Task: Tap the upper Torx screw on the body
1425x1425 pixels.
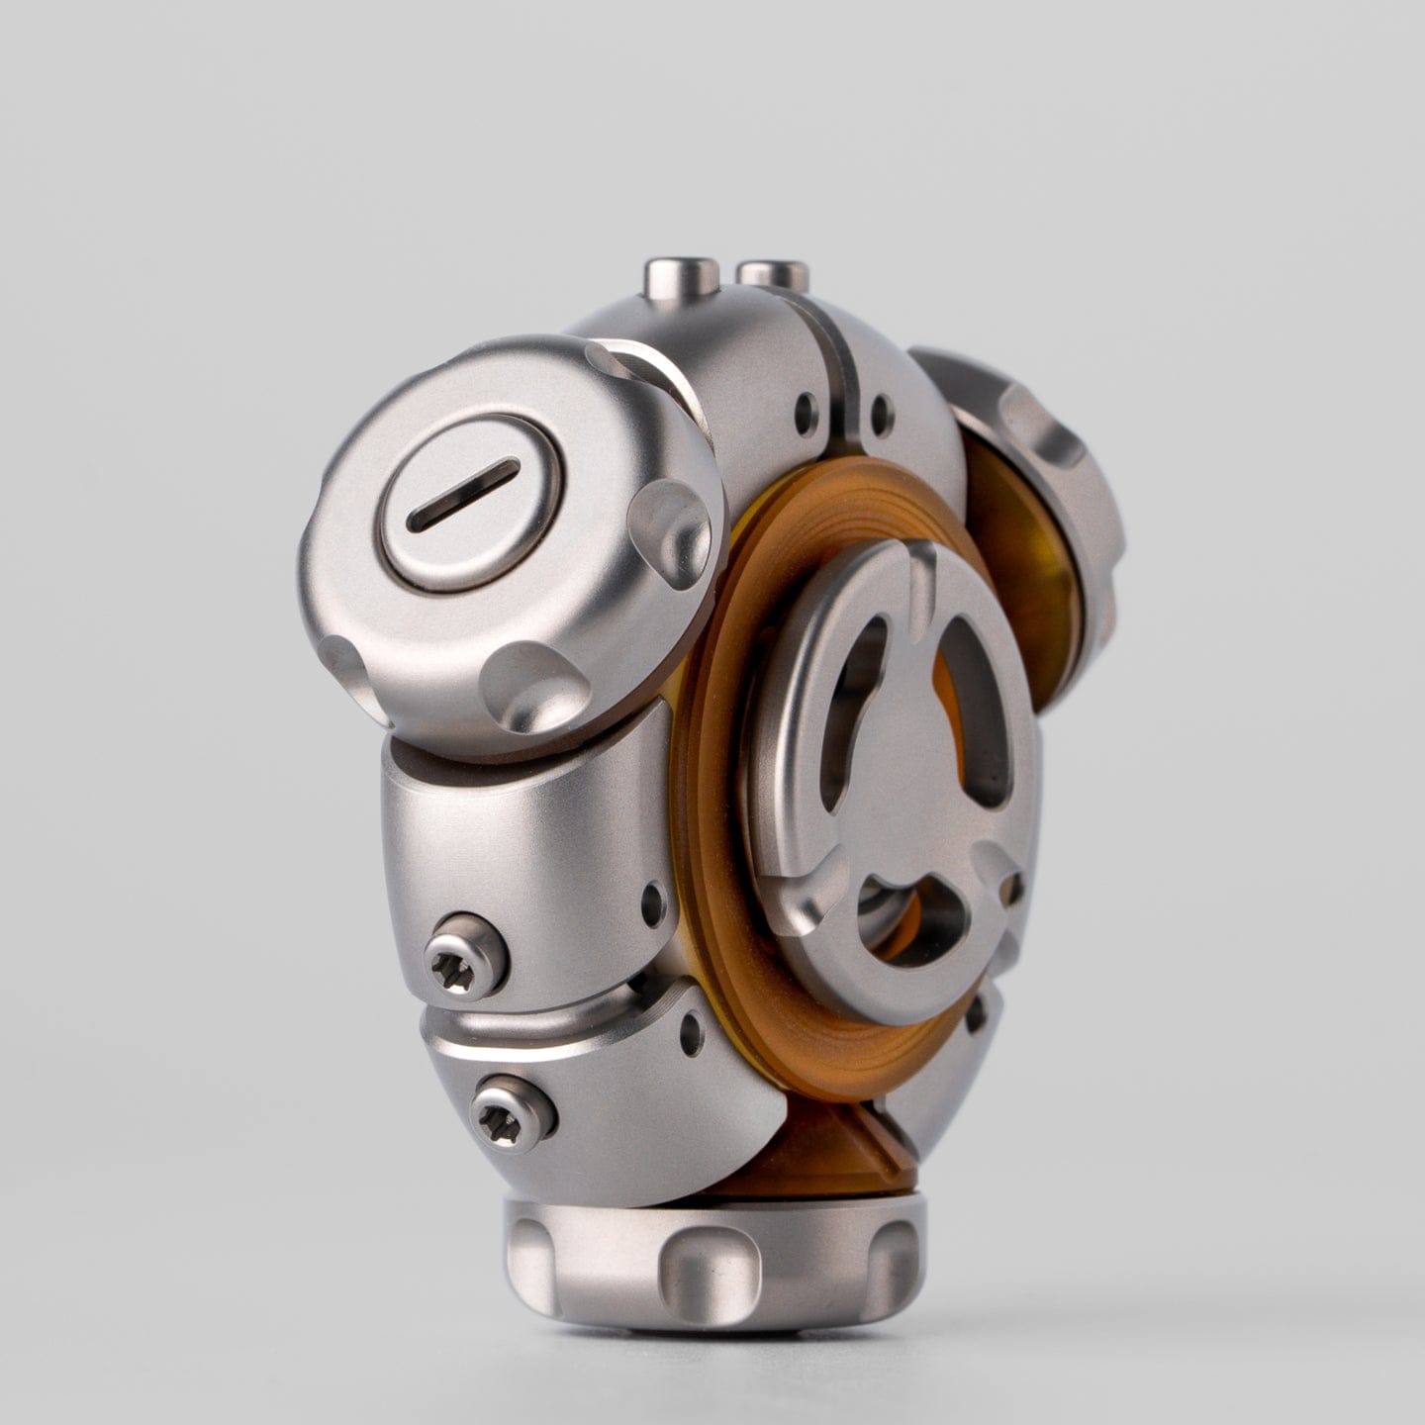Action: (465, 957)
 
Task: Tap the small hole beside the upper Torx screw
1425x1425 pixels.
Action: (653, 901)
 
